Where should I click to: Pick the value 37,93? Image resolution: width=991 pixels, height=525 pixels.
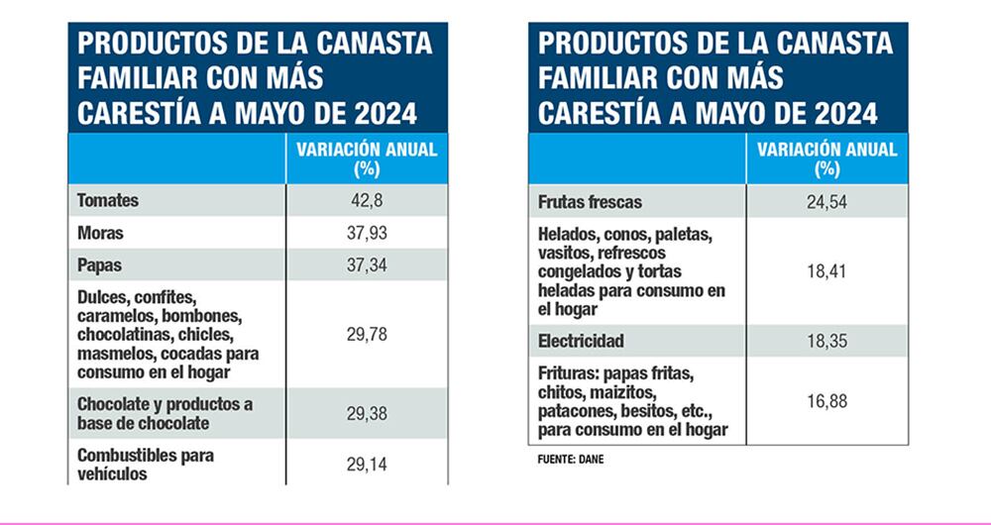tap(367, 235)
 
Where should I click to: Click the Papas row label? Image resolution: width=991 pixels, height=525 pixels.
tap(100, 266)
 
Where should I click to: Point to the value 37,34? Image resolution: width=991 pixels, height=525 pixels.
tap(367, 266)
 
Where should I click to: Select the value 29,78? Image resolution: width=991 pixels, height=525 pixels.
tap(367, 335)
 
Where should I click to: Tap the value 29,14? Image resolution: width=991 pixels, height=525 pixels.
tap(367, 464)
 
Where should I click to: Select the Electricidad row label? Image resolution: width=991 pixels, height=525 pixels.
tap(581, 342)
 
